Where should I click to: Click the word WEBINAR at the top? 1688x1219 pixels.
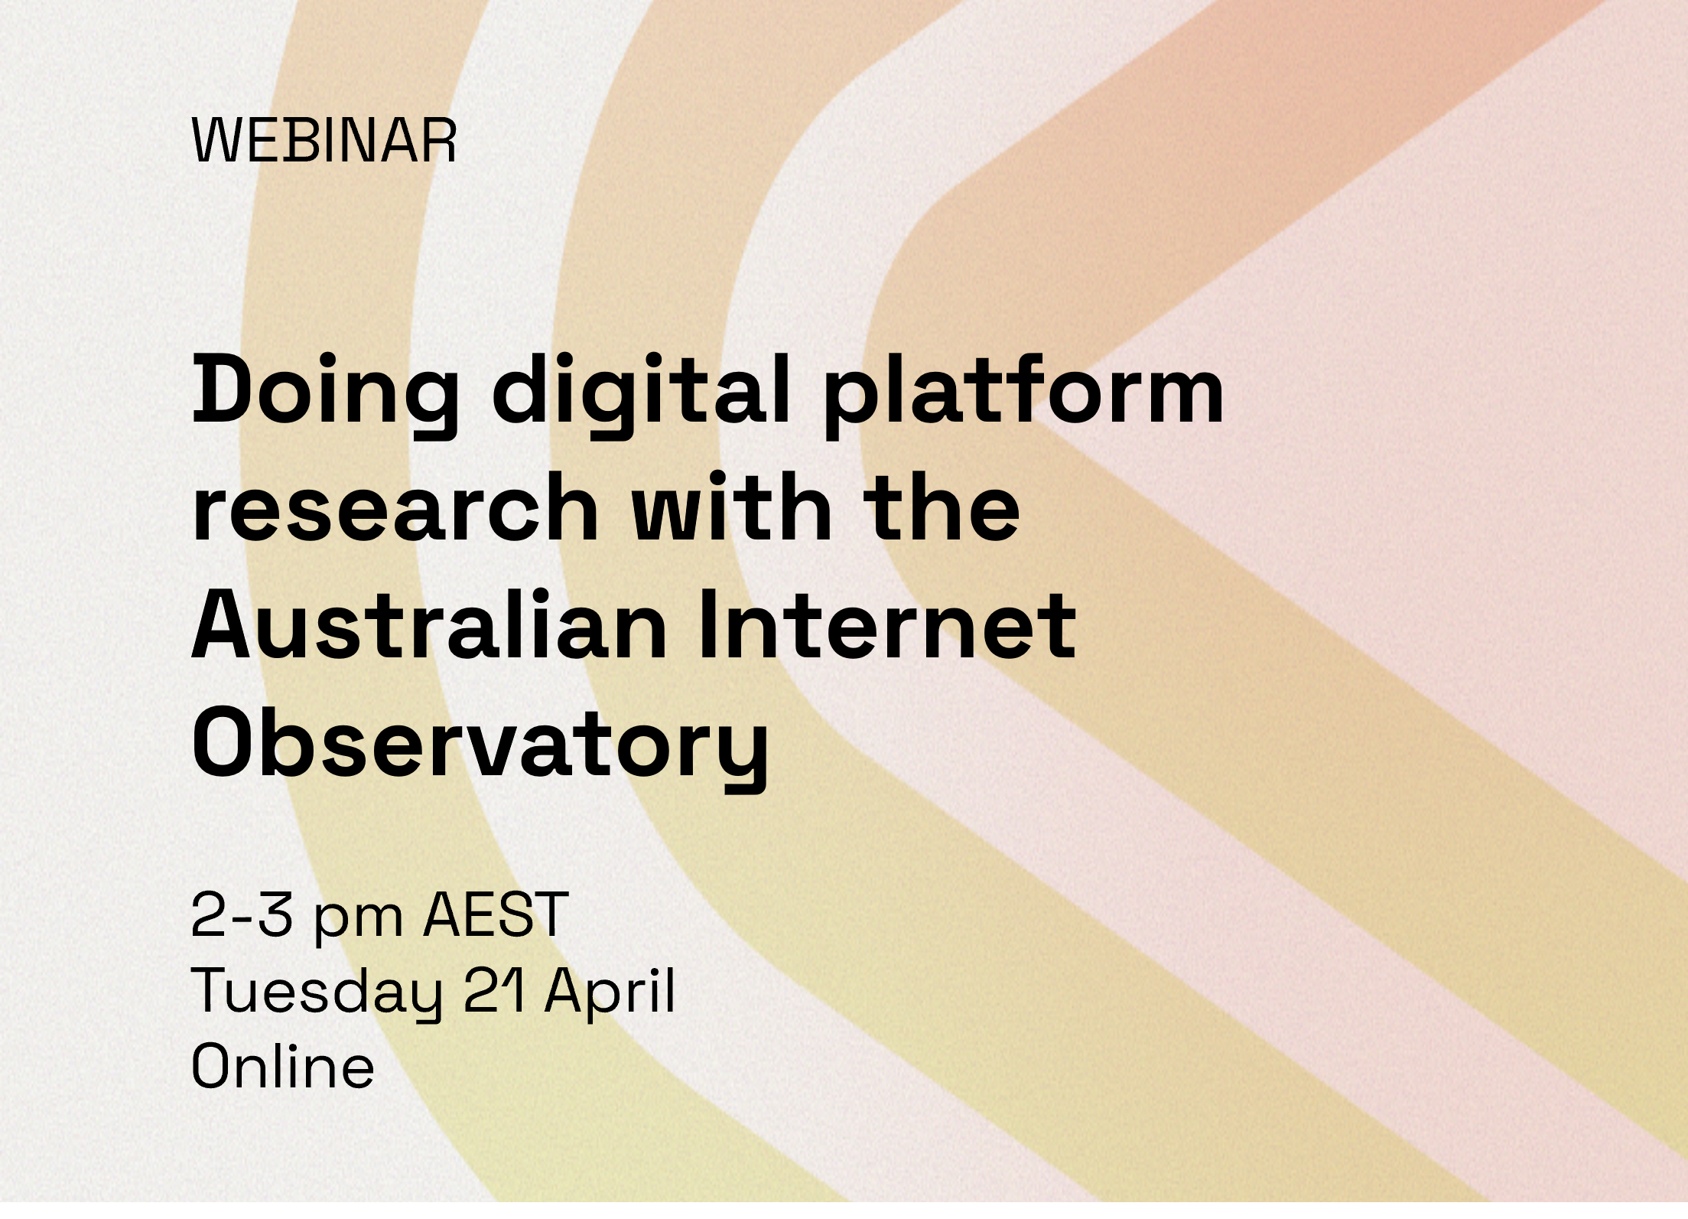pyautogui.click(x=324, y=141)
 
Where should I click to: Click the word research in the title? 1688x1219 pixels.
pyautogui.click(x=395, y=507)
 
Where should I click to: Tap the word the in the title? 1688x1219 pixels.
pyautogui.click(x=943, y=507)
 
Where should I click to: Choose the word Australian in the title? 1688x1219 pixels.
pyautogui.click(x=429, y=624)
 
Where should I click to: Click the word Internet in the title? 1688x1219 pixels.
pyautogui.click(x=887, y=624)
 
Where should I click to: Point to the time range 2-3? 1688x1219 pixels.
pyautogui.click(x=242, y=915)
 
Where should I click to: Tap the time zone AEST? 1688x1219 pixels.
pyautogui.click(x=496, y=915)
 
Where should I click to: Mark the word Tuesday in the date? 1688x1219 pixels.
pyautogui.click(x=317, y=992)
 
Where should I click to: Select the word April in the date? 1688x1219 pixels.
pyautogui.click(x=610, y=992)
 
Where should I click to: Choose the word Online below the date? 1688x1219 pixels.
pyautogui.click(x=283, y=1066)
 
